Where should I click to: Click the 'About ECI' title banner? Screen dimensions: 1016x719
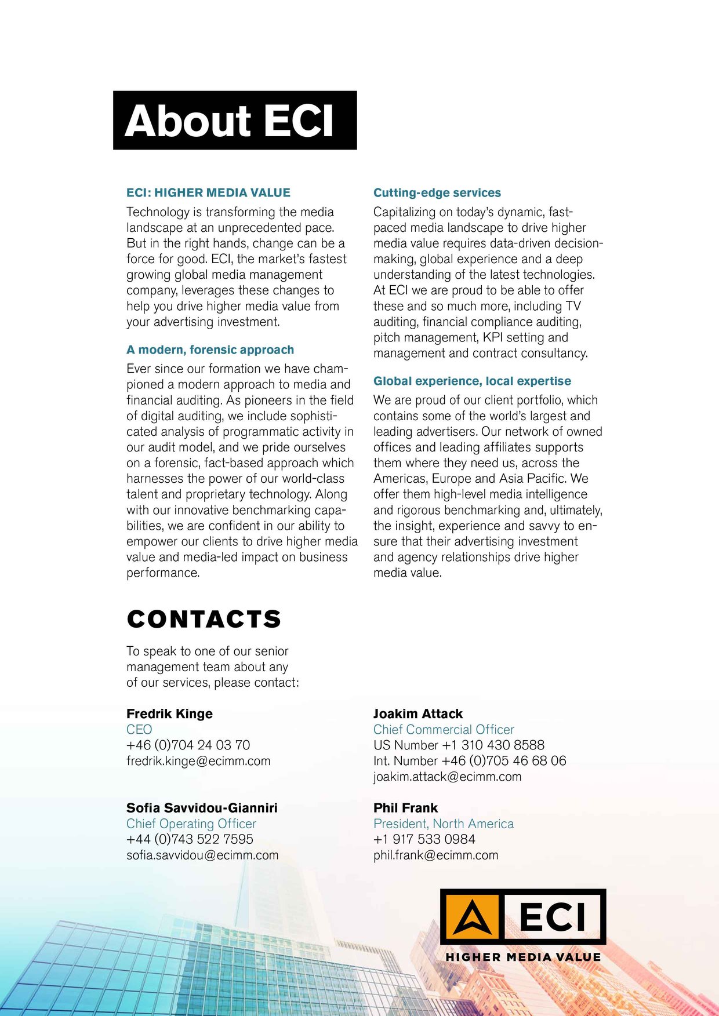pos(234,121)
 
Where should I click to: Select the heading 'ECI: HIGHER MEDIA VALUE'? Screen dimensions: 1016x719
pos(208,193)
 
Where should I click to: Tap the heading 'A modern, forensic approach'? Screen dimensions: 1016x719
pos(210,350)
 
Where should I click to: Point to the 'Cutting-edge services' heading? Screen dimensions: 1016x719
pos(437,193)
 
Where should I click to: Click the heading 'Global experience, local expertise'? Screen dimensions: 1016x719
pos(472,381)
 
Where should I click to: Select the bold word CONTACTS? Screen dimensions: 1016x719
pos(204,620)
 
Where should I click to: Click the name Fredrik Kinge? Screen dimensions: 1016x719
pos(169,714)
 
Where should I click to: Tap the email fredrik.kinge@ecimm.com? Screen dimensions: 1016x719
pos(198,761)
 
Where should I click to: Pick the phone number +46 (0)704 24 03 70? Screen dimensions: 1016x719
pos(188,745)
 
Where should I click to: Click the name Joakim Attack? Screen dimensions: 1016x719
pos(417,714)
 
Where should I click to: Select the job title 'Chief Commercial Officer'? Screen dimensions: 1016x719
pos(444,730)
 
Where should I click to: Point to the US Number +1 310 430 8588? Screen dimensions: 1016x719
pos(459,745)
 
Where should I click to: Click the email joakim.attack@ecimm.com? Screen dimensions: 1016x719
pos(447,777)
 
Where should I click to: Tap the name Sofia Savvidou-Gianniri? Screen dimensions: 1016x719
pos(202,808)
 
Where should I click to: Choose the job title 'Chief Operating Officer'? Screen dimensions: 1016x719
pos(191,824)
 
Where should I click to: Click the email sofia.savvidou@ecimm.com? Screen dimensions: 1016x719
pos(202,855)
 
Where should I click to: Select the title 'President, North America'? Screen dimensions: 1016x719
pos(444,824)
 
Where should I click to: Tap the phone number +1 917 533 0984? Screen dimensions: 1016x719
pos(424,839)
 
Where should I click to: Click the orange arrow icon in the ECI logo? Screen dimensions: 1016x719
pos(471,917)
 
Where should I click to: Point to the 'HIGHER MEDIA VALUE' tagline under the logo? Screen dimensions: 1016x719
pos(523,957)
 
